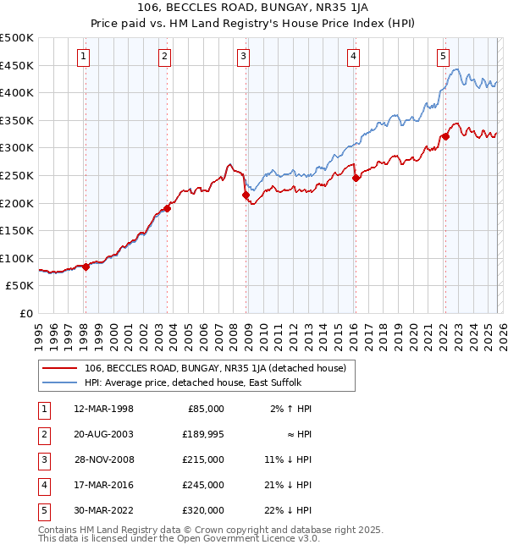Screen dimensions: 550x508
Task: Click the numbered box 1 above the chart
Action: pyautogui.click(x=85, y=57)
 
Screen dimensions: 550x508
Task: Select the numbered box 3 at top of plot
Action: pyautogui.click(x=243, y=57)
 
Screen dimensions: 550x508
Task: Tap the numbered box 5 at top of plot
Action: pyautogui.click(x=443, y=57)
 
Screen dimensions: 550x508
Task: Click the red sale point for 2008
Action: pyautogui.click(x=246, y=195)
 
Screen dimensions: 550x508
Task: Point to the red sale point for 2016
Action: pyautogui.click(x=356, y=178)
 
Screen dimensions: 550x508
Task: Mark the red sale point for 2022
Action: pyautogui.click(x=445, y=137)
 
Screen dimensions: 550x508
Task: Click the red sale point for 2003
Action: pyautogui.click(x=168, y=208)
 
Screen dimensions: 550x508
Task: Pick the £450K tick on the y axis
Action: pyautogui.click(x=17, y=65)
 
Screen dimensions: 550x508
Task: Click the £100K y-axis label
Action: pyautogui.click(x=17, y=258)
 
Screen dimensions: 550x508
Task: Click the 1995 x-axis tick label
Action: pyautogui.click(x=39, y=331)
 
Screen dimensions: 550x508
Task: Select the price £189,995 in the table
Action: pyautogui.click(x=201, y=433)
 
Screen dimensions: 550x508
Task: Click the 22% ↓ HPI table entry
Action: pyautogui.click(x=288, y=509)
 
